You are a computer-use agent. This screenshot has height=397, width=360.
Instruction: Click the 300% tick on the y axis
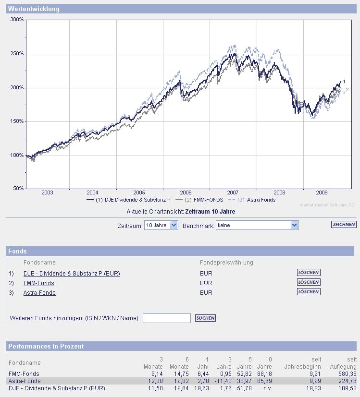17,20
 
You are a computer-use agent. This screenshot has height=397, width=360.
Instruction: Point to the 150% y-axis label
17,121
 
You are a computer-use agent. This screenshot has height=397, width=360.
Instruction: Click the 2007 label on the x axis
233,192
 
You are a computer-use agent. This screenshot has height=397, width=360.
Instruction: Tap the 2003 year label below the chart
48,192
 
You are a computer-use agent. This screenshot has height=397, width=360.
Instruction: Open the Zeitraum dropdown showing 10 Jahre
161,225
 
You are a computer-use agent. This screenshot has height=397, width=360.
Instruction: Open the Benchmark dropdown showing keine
257,225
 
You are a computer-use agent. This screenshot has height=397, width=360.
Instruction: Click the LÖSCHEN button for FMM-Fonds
309,282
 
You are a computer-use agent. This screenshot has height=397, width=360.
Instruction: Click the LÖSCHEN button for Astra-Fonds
309,292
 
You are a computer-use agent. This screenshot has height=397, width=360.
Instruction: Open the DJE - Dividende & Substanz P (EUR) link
72,274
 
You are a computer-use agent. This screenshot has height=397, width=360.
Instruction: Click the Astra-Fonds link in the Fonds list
39,293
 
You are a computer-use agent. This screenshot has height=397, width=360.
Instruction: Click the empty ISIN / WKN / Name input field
167,318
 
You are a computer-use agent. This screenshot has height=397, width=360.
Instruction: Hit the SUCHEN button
205,318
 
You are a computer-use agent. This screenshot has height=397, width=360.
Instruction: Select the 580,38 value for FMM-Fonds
347,374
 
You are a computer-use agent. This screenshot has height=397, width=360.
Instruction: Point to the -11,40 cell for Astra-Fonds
224,381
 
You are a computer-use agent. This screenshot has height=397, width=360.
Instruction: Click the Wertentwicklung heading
34,9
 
